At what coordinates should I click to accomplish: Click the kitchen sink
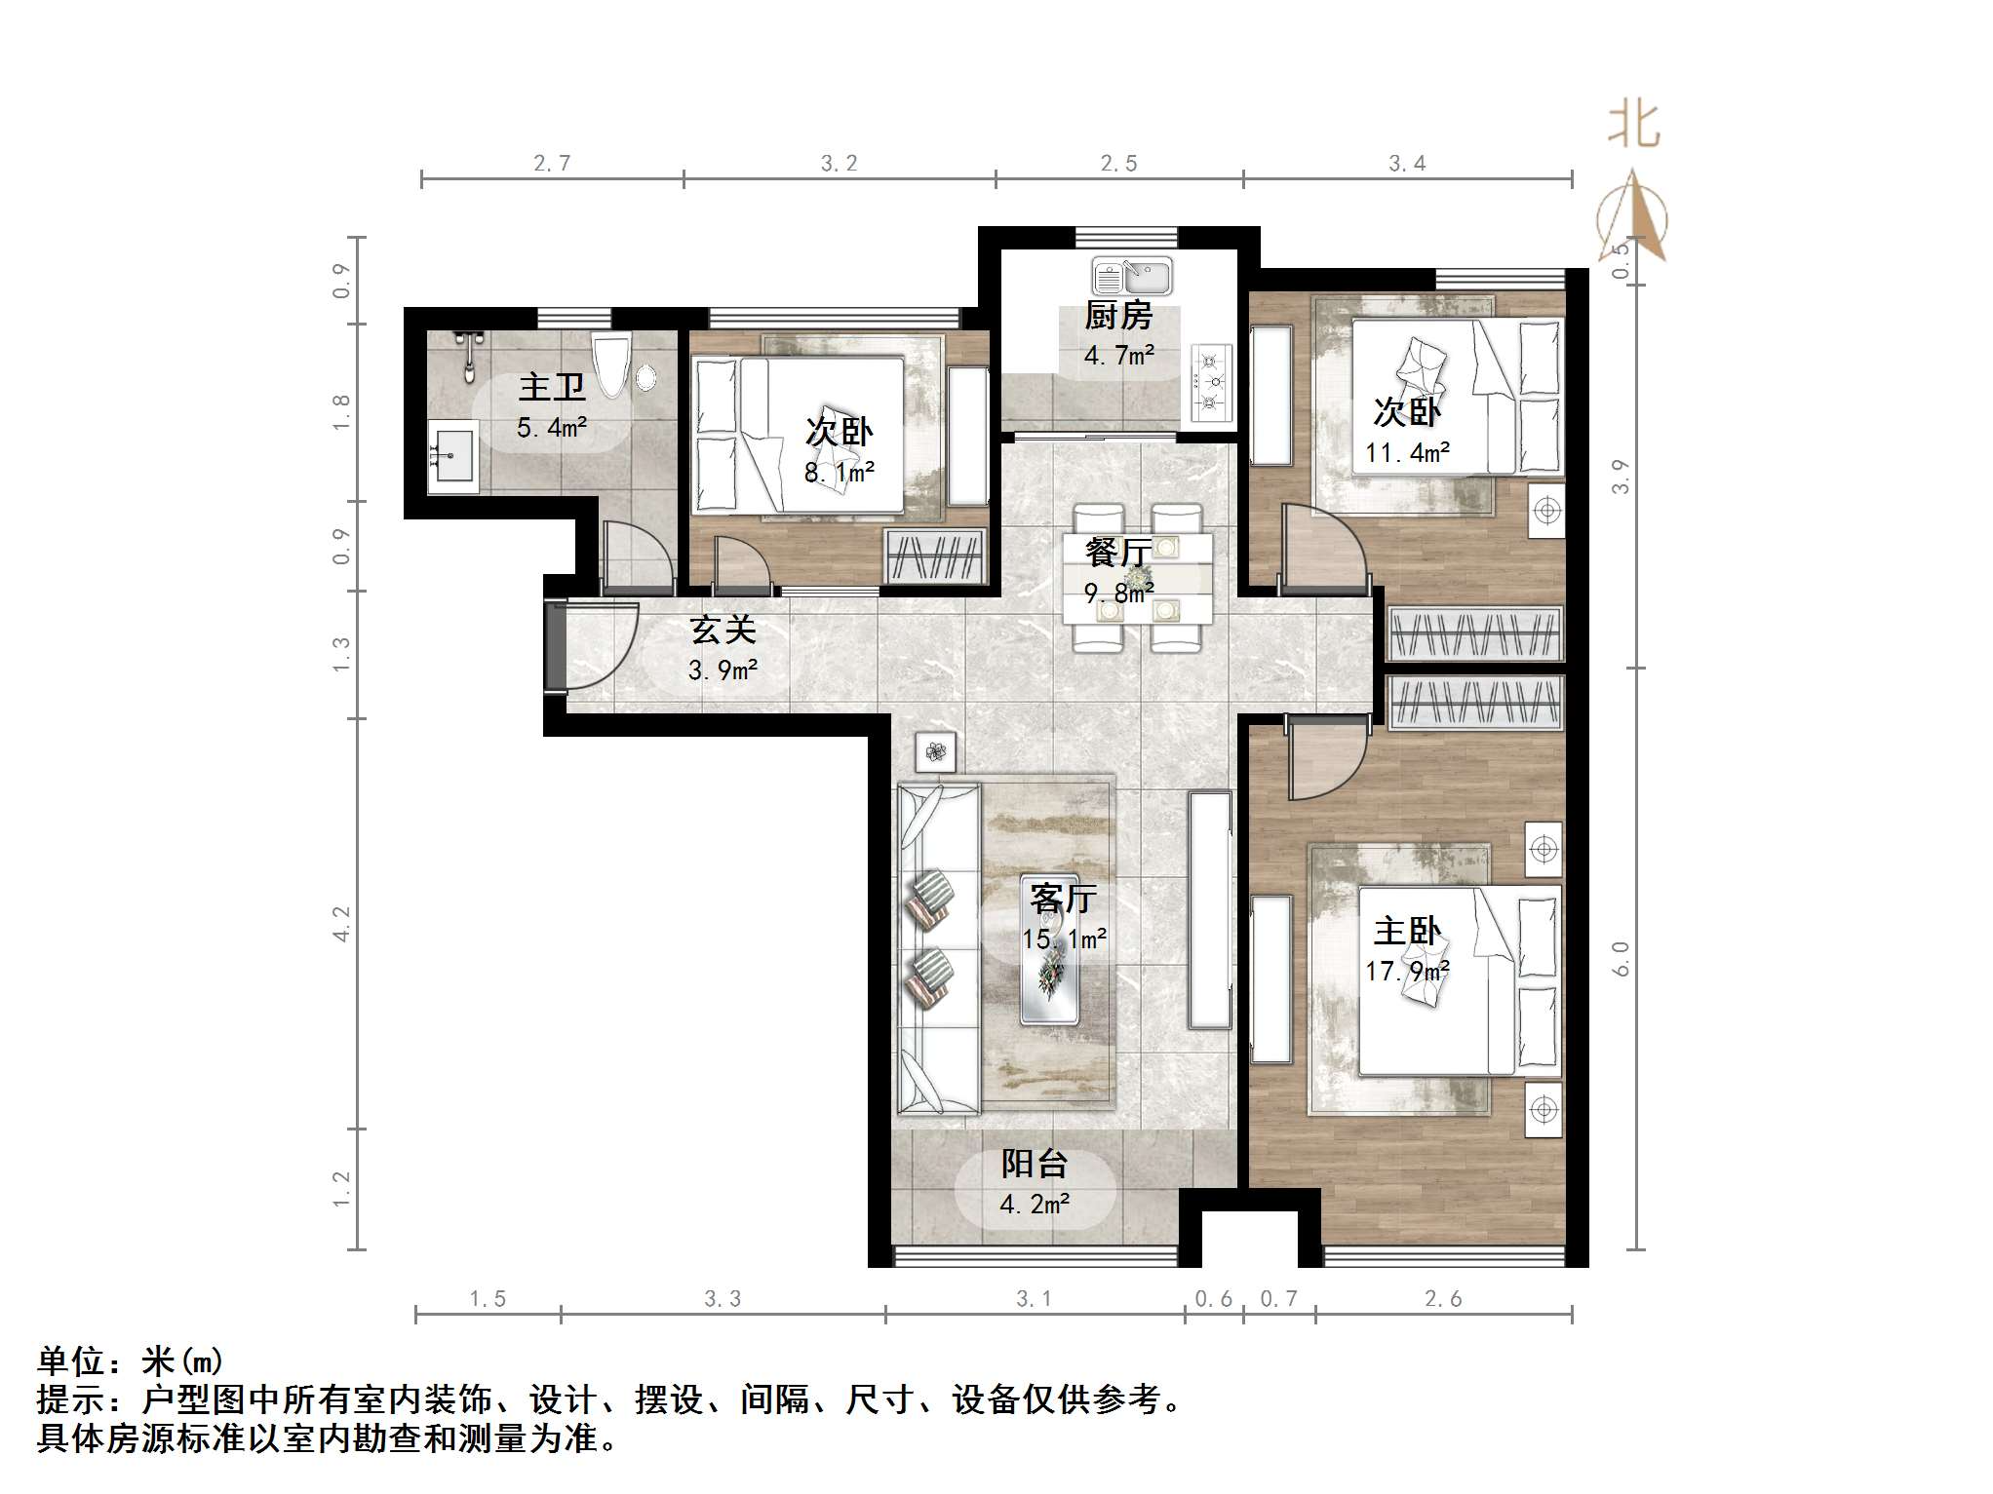tap(1132, 277)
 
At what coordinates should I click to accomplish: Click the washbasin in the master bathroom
tap(452, 455)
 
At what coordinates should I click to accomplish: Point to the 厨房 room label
tap(1118, 316)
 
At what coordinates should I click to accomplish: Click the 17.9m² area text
tap(1407, 971)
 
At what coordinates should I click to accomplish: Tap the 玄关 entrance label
tap(723, 630)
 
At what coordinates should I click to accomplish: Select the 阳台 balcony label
tap(1035, 1164)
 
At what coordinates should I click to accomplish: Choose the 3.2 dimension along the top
tap(839, 163)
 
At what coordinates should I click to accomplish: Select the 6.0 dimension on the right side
tap(1621, 959)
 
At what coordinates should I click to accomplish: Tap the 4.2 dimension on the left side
tap(340, 923)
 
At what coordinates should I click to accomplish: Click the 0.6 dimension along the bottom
tap(1213, 1298)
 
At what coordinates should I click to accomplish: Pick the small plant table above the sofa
tap(936, 751)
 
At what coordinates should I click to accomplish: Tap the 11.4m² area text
tap(1407, 452)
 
